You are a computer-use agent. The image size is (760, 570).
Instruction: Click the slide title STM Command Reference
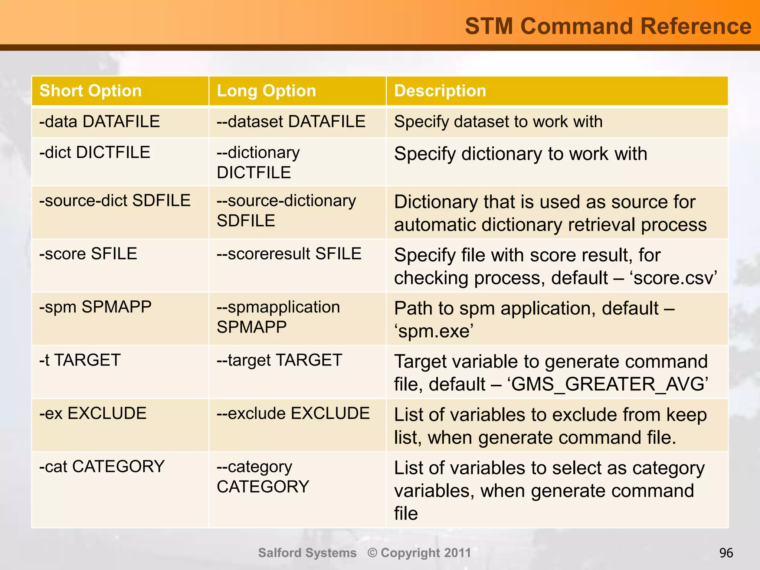coord(608,26)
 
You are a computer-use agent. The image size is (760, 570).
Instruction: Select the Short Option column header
coord(91,91)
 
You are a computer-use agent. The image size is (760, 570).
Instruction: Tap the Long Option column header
coord(266,91)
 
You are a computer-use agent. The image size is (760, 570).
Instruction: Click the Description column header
coord(440,91)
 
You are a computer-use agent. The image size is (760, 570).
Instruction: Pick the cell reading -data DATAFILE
coord(99,122)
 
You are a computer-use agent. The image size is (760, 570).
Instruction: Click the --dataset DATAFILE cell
coord(291,122)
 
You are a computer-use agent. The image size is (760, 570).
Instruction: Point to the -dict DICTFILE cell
coord(95,153)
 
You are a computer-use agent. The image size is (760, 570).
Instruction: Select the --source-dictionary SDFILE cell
coord(286,210)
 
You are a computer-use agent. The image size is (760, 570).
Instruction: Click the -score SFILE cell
coord(88,254)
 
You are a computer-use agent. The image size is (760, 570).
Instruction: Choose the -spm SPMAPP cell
coord(95,307)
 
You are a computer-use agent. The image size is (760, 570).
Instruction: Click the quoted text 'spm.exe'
coord(433,331)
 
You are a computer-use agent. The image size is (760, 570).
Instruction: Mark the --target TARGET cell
coord(279,360)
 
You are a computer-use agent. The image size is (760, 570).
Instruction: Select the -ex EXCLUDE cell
coord(93,413)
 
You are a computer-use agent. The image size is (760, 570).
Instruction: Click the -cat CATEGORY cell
coord(102,466)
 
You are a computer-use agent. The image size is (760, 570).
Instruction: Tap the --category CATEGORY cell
coord(263,476)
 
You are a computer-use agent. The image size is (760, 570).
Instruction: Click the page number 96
coord(726,553)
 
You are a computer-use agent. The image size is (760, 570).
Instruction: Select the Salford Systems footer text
coord(307,553)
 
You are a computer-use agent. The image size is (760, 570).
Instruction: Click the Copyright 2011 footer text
coord(419,553)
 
